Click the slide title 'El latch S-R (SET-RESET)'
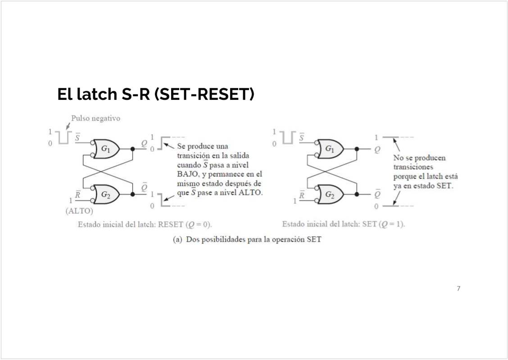[156, 95]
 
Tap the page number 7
[458, 288]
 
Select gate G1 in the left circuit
[106, 148]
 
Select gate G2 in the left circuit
[106, 194]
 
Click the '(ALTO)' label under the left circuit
[79, 211]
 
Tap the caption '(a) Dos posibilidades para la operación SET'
[247, 239]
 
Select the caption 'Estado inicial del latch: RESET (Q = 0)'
[145, 224]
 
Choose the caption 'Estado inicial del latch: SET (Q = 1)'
[343, 224]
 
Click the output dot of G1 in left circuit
[132, 148]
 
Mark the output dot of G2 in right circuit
[357, 194]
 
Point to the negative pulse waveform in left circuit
[63, 137]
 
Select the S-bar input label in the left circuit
[78, 137]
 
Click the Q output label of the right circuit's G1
[377, 149]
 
